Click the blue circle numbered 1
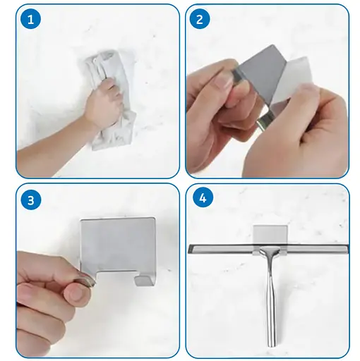tap(30, 19)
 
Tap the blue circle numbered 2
tap(199, 19)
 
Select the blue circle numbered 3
tap(30, 200)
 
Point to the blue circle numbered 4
tap(203, 198)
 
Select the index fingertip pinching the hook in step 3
tap(86, 281)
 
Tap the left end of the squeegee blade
tap(190, 249)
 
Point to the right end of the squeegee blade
tap(347, 249)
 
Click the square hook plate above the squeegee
tap(270, 235)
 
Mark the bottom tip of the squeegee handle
tap(272, 346)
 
